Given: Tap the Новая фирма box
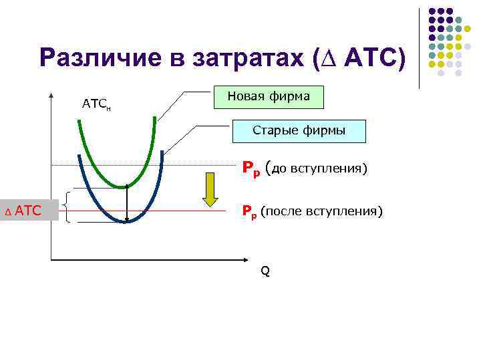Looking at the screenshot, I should point(269,96).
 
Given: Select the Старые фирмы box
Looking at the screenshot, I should point(299,130).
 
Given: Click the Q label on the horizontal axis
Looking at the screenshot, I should point(265,271).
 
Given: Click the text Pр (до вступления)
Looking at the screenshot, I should point(304,168).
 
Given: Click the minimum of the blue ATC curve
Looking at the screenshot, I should point(125,221).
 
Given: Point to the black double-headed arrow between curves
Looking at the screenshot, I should point(127,204).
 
